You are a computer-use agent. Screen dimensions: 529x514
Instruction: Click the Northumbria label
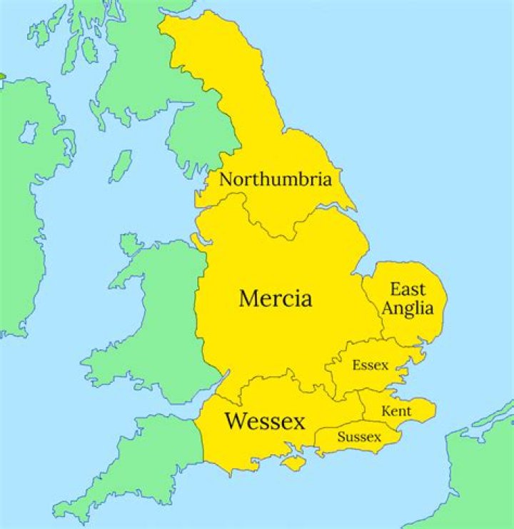[x=275, y=179]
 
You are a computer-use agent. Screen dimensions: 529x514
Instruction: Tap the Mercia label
[x=275, y=298]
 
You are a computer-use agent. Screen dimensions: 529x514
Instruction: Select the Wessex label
[x=265, y=420]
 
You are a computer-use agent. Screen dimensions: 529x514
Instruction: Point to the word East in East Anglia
[x=408, y=289]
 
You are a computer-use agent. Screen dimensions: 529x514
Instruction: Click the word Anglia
[x=408, y=308]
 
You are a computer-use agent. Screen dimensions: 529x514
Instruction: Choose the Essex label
[x=371, y=366]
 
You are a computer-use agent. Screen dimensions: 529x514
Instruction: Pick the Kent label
[x=396, y=411]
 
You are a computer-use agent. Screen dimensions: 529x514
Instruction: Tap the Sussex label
[x=359, y=436]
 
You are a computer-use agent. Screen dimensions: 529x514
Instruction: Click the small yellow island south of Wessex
[x=293, y=463]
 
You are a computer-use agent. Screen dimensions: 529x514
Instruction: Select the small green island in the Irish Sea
[x=121, y=166]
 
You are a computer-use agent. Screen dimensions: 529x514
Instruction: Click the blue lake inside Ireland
[x=29, y=131]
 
